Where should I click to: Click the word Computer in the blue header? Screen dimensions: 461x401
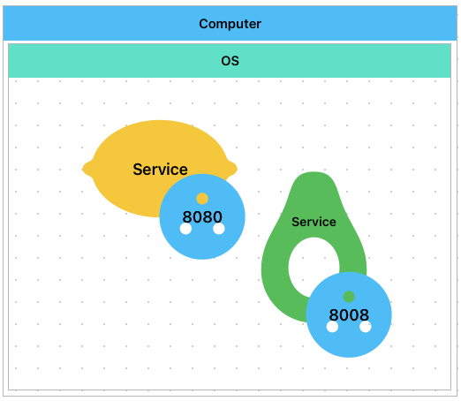[230, 24]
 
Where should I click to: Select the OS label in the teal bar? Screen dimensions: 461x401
[230, 61]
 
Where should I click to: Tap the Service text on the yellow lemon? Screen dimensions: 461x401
[160, 170]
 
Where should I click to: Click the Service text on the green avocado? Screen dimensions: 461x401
[314, 222]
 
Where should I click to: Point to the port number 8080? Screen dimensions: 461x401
[202, 217]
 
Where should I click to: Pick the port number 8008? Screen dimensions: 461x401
[349, 315]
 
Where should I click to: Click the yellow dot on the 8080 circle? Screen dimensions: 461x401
[202, 199]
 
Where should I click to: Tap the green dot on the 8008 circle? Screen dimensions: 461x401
[349, 297]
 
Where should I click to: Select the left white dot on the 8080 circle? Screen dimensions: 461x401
[185, 229]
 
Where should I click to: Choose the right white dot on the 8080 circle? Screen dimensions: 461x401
[219, 229]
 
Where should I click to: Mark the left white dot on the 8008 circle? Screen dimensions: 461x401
[332, 327]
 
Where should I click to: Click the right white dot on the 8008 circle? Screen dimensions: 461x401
[366, 327]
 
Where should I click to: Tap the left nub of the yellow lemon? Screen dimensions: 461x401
[87, 169]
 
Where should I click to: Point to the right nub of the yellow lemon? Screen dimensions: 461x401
[232, 169]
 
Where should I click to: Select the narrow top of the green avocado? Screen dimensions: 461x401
[314, 180]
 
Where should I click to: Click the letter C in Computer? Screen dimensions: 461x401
[204, 24]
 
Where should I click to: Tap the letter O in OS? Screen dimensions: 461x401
[226, 61]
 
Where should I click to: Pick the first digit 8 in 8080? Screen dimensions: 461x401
[187, 217]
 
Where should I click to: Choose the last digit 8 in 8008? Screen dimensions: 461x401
[364, 315]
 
